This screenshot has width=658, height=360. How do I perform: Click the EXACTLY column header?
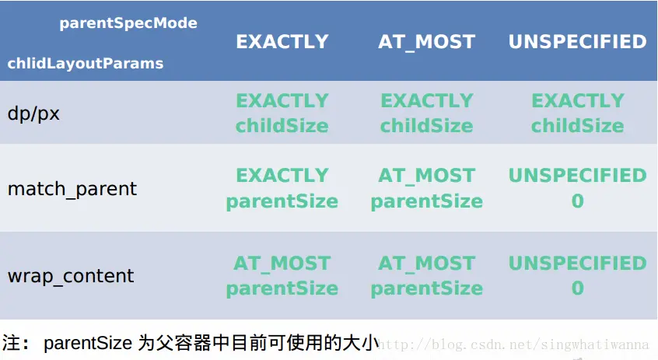click(x=282, y=41)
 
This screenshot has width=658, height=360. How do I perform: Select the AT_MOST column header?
click(x=426, y=42)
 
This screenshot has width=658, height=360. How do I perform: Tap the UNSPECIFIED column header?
click(x=577, y=41)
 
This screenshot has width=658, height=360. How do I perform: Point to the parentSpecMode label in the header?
click(x=128, y=23)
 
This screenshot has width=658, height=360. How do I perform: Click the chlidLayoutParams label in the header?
click(x=86, y=63)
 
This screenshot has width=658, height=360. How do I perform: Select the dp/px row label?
click(x=33, y=114)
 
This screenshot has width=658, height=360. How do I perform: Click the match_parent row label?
click(x=72, y=189)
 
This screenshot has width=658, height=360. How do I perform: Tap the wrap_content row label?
click(x=71, y=276)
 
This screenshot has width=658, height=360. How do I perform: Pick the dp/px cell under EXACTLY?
click(x=282, y=113)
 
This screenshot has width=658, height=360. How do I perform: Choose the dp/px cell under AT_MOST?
click(x=426, y=113)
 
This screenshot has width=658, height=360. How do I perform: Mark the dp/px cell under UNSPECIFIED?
click(x=577, y=113)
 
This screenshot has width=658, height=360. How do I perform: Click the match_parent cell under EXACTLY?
click(x=282, y=188)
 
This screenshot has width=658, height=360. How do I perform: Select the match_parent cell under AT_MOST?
click(x=426, y=188)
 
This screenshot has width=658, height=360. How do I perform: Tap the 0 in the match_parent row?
click(x=577, y=201)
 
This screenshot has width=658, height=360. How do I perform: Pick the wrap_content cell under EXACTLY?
click(x=282, y=276)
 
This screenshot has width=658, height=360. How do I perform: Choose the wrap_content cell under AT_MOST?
click(x=426, y=276)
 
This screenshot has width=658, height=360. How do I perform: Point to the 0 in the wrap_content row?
click(x=577, y=288)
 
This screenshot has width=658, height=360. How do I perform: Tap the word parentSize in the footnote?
click(x=88, y=343)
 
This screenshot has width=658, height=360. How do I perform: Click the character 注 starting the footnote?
click(x=12, y=343)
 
